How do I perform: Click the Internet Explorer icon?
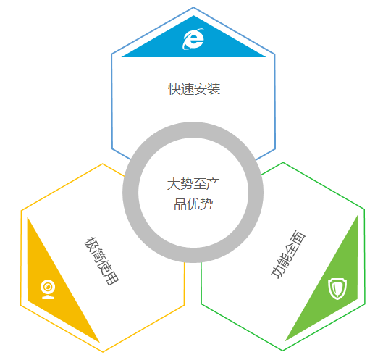coord(193,39)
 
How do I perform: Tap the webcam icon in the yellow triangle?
coord(48,289)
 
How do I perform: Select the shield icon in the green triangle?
coord(337,288)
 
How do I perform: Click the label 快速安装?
coord(194,88)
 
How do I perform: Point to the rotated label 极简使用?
coord(101,261)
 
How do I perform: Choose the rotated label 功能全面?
coord(288,254)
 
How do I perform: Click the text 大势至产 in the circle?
coord(193,184)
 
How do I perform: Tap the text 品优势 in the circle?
coord(193,204)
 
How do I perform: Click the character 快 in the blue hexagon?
coord(174,88)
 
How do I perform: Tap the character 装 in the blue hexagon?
coord(214,88)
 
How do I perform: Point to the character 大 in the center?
coord(174,184)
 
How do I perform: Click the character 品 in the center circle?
coord(180,204)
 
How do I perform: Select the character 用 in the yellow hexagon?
coord(112,278)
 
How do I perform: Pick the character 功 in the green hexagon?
coord(278,272)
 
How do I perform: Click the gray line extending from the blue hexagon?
coord(313,117)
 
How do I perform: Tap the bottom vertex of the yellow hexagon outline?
coord(103,352)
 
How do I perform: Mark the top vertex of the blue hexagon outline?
coord(193,7)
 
